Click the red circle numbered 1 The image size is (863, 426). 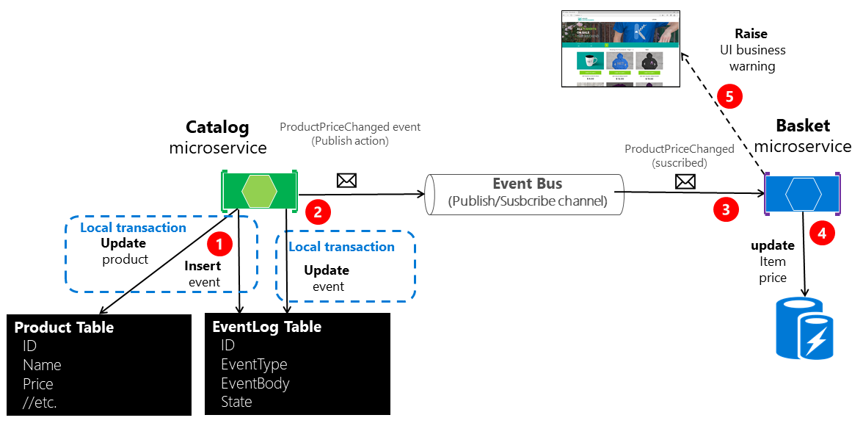(220, 242)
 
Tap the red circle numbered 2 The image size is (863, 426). (318, 212)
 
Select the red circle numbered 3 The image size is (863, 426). (726, 209)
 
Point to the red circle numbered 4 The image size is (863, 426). (822, 234)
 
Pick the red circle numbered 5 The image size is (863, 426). (729, 96)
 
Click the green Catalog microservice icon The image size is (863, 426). (259, 190)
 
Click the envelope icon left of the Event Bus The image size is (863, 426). (346, 180)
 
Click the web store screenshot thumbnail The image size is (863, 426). (620, 48)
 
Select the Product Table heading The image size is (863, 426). (64, 327)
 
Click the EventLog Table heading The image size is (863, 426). (266, 326)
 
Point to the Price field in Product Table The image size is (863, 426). (38, 384)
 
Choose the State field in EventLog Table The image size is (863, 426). (236, 402)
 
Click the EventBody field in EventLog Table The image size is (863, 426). (255, 383)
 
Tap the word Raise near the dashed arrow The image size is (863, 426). (751, 34)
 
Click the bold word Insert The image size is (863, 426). (203, 266)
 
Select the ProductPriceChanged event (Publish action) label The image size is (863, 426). (350, 133)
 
